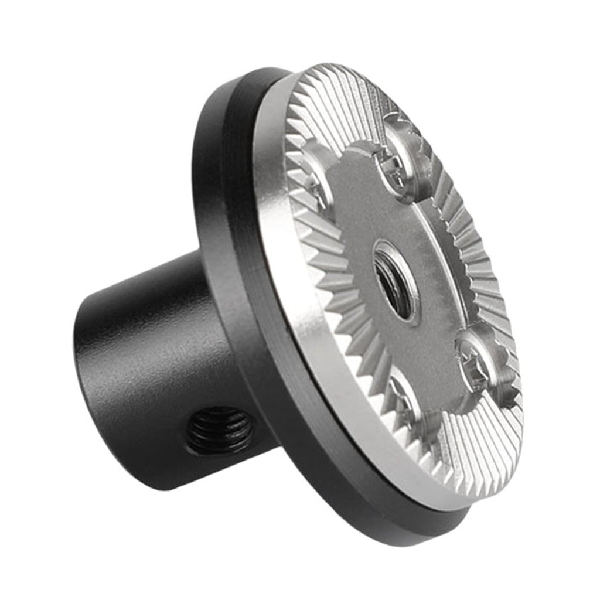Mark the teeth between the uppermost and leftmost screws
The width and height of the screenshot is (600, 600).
click(x=334, y=111)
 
